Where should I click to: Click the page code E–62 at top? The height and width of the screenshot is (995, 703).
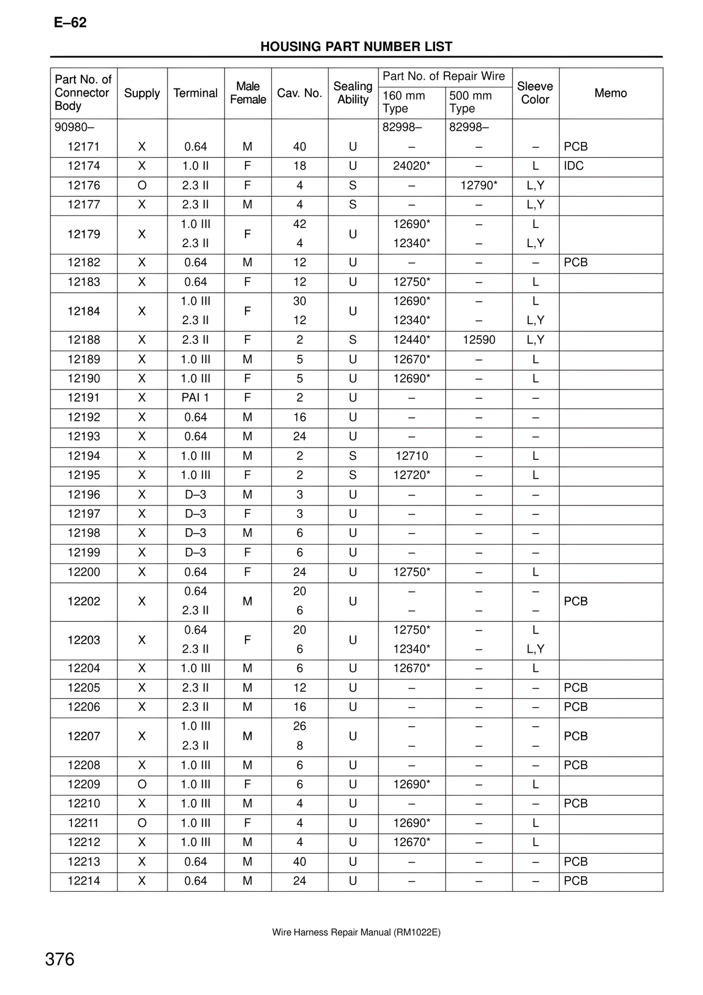(x=70, y=23)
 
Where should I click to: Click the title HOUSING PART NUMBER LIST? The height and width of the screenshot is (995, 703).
(x=356, y=47)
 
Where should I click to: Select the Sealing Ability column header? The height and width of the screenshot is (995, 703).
(x=353, y=93)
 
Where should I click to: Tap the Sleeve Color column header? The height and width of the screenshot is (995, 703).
(x=535, y=93)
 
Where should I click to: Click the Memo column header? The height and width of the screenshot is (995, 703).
(x=610, y=93)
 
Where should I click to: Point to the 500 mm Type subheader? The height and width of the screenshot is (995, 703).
(x=471, y=102)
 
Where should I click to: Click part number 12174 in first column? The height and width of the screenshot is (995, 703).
(x=83, y=166)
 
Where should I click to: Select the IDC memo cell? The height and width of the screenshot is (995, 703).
(x=573, y=166)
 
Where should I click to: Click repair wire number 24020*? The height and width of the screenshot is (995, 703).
(x=411, y=166)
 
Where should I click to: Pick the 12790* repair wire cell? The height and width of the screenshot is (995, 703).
(x=478, y=186)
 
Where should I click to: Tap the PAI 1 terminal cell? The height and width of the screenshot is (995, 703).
(x=195, y=398)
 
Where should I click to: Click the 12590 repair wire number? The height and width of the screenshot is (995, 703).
(x=478, y=340)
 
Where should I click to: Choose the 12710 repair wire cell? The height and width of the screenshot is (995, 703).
(x=411, y=456)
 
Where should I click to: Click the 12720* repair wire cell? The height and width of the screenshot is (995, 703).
(x=411, y=475)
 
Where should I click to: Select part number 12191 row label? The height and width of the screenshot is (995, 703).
(x=83, y=398)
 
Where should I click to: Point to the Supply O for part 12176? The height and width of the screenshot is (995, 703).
(x=142, y=186)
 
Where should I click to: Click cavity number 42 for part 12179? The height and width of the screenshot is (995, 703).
(x=299, y=224)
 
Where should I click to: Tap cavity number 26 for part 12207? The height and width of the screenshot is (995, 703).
(x=299, y=726)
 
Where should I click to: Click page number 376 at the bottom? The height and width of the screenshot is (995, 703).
(x=60, y=959)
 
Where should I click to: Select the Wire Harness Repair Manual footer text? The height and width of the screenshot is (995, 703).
(x=356, y=932)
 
